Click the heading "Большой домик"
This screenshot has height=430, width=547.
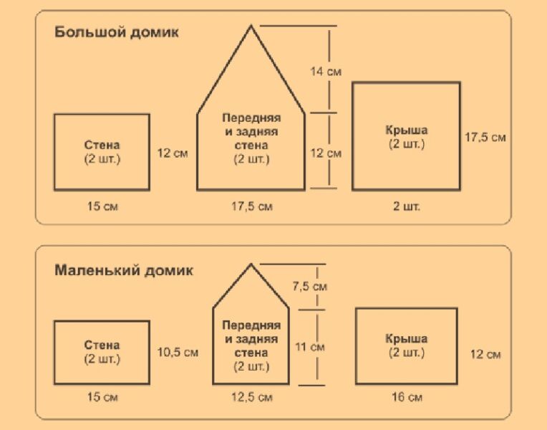pyautogui.click(x=117, y=32)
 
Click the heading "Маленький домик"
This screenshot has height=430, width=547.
pyautogui.click(x=124, y=271)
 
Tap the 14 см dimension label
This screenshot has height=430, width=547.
pyautogui.click(x=326, y=72)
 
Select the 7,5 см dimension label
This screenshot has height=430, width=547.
pyautogui.click(x=310, y=287)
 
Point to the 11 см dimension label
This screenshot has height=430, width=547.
pyautogui.click(x=310, y=347)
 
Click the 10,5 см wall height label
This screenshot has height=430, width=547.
pyautogui.click(x=178, y=352)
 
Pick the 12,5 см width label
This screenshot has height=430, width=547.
pyautogui.click(x=252, y=397)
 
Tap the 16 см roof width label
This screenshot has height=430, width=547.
pyautogui.click(x=407, y=397)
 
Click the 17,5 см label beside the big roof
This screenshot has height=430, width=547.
pyautogui.click(x=485, y=138)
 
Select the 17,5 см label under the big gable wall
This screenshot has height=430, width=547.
pyautogui.click(x=252, y=206)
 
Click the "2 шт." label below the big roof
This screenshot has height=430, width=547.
pyautogui.click(x=407, y=206)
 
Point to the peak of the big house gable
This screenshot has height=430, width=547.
pyautogui.click(x=251, y=26)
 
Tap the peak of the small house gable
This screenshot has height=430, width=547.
pyautogui.click(x=251, y=264)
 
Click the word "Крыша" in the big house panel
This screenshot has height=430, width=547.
pyautogui.click(x=407, y=130)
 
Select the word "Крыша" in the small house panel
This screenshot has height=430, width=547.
pyautogui.click(x=407, y=338)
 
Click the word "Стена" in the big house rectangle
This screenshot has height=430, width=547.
pyautogui.click(x=102, y=145)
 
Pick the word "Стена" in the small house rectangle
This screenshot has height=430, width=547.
pyautogui.click(x=102, y=345)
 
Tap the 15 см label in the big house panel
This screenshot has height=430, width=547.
pyautogui.click(x=102, y=206)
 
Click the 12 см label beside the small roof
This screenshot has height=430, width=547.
pyautogui.click(x=485, y=354)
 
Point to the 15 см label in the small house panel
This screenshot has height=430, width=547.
pyautogui.click(x=102, y=397)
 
